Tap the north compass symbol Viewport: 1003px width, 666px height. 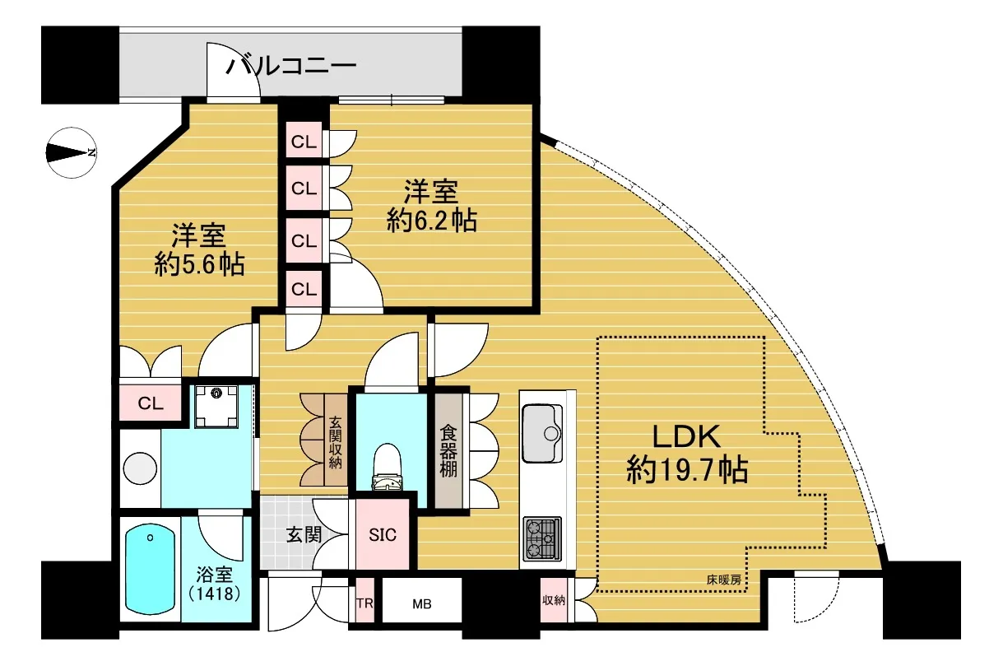(x=72, y=153)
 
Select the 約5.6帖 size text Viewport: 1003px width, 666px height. (x=199, y=265)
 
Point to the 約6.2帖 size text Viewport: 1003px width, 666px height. (x=432, y=221)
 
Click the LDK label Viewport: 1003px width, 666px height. (x=686, y=436)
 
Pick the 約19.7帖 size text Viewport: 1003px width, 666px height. (x=687, y=470)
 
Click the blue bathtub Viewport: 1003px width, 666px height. (x=150, y=570)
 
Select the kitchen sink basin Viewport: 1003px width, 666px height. (x=542, y=434)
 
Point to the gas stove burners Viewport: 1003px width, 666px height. (x=542, y=538)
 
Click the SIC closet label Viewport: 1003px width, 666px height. (x=383, y=535)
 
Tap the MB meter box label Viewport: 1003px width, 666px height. (x=422, y=604)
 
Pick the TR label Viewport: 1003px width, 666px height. (x=365, y=603)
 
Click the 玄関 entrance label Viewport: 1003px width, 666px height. (x=304, y=535)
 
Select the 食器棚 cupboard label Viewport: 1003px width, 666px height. (x=448, y=450)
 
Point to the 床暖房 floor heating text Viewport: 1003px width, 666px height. (x=723, y=580)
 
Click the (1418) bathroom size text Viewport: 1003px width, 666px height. (x=215, y=594)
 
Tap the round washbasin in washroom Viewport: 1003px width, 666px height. (x=140, y=468)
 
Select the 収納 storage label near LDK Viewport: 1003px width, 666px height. (x=554, y=600)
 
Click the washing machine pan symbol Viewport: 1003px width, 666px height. (x=216, y=407)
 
